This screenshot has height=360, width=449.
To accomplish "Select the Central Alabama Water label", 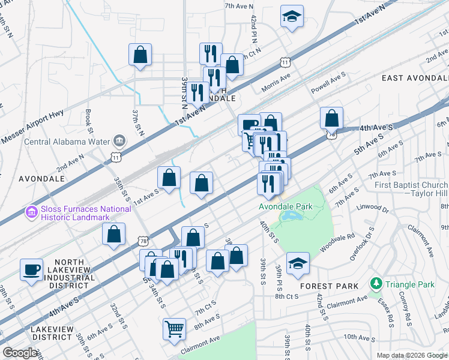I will point(66,142).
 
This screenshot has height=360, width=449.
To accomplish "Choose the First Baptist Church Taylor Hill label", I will point(411,190).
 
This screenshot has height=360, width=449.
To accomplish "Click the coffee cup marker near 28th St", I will point(31,269).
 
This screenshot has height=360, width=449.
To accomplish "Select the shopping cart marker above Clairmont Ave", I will point(174,328).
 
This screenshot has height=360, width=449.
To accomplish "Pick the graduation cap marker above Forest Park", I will point(298,263).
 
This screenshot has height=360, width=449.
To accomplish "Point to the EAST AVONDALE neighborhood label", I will point(414,79).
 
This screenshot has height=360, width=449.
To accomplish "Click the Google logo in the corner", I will point(20,353).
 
